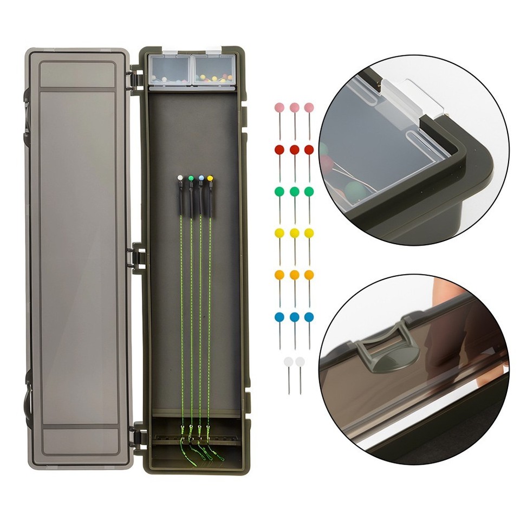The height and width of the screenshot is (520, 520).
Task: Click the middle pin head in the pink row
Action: coord(294,107)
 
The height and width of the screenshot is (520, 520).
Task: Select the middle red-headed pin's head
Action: coord(294,149)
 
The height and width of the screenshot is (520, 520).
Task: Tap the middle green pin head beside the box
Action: coord(294,191)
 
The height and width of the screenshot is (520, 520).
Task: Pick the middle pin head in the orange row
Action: coord(294,275)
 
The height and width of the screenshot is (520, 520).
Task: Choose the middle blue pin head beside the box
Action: coord(294,317)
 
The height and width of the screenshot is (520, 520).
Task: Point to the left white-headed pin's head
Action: coord(288,361)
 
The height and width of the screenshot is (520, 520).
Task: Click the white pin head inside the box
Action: coord(180,177)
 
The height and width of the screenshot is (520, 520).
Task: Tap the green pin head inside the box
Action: coord(191,177)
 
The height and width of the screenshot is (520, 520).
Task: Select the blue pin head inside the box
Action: coord(201,177)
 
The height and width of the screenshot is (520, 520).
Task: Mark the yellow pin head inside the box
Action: coord(210,178)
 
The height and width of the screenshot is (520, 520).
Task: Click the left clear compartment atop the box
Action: coord(169,70)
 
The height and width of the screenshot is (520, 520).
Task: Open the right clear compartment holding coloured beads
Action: coord(213,70)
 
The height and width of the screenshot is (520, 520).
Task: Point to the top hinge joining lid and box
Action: coord(138,76)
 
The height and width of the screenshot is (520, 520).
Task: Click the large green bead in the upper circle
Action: coord(355,191)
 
